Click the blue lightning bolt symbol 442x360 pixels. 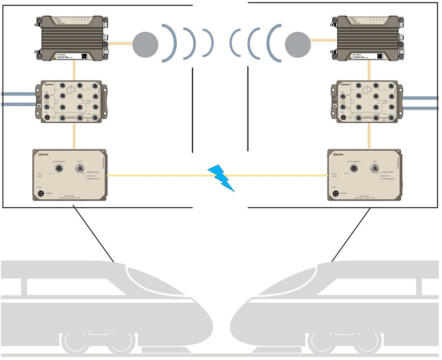click(222, 177)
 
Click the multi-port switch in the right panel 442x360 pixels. click(370, 100)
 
